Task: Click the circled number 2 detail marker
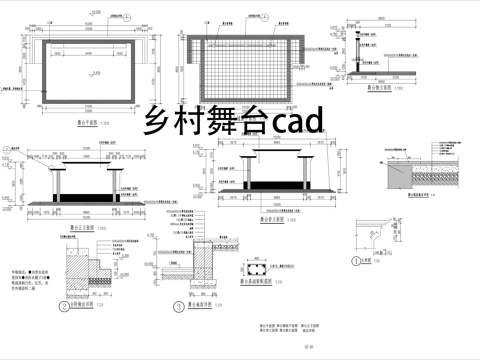[x=63, y=307]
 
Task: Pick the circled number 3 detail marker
[x=178, y=307]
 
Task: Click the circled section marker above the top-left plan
[x=24, y=38]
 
